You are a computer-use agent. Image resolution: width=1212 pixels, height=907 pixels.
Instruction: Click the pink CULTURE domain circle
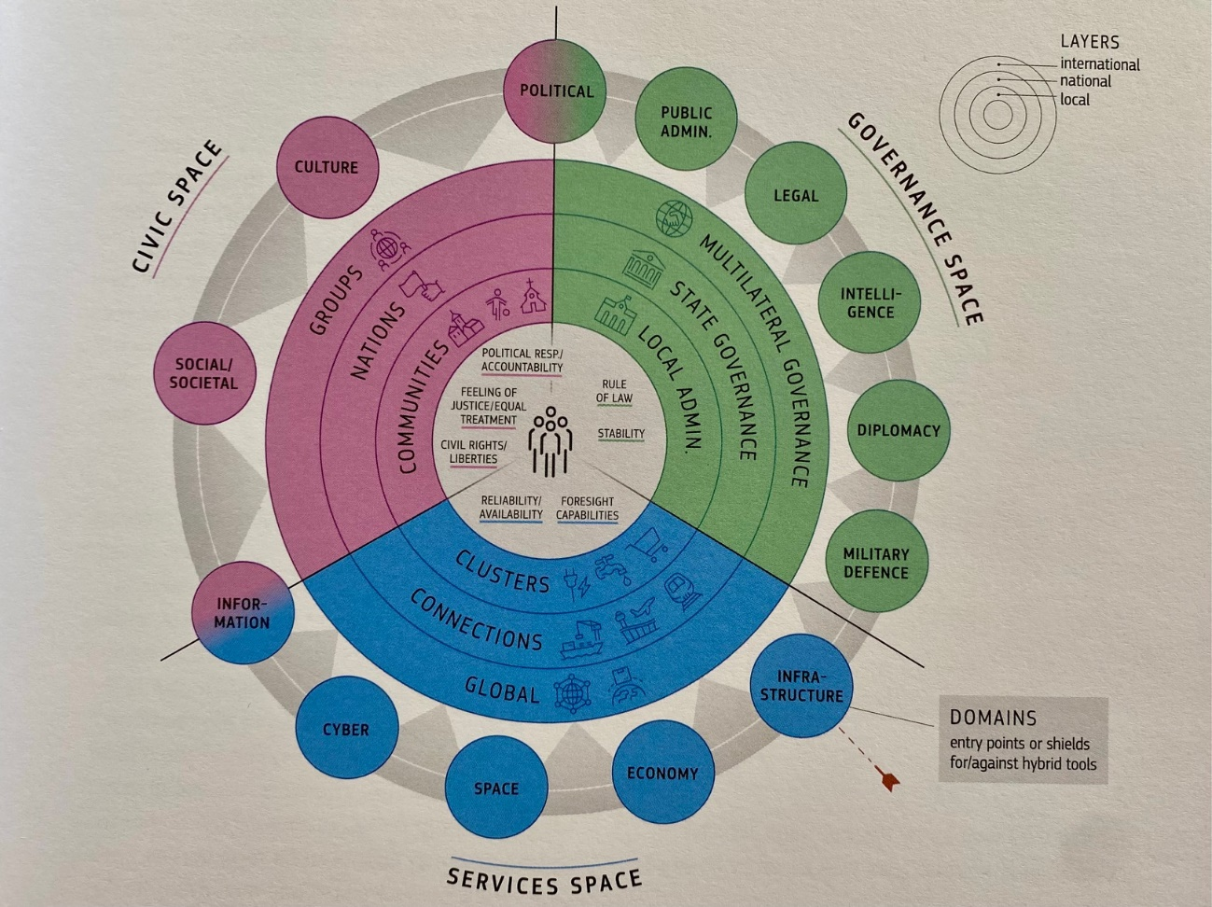pyautogui.click(x=327, y=167)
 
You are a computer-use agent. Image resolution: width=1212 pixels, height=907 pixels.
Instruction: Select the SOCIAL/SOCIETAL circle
pyautogui.click(x=203, y=373)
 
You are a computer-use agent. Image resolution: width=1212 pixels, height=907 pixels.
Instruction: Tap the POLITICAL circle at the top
pyautogui.click(x=556, y=91)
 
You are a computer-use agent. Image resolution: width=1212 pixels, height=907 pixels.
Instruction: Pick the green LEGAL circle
pyautogui.click(x=795, y=196)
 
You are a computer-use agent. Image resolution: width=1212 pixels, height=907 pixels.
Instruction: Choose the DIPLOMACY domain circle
pyautogui.click(x=898, y=430)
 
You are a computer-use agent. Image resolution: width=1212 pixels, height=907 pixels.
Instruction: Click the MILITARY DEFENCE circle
pyautogui.click(x=875, y=562)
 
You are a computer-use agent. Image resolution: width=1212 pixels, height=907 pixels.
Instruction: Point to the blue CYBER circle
pyautogui.click(x=346, y=729)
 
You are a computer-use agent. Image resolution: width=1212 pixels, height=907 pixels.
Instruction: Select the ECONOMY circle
pyautogui.click(x=662, y=773)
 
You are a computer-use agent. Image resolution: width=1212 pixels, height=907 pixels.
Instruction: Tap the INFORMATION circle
pyautogui.click(x=242, y=613)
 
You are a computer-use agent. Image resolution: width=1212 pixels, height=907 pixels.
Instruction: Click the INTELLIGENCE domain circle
pyautogui.click(x=870, y=303)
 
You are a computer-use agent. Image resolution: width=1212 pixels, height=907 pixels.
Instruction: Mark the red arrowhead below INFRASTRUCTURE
pyautogui.click(x=889, y=777)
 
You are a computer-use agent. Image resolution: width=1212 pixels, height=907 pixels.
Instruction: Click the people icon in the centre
pyautogui.click(x=551, y=440)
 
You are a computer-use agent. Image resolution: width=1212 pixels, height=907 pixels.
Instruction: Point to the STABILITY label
pyautogui.click(x=620, y=434)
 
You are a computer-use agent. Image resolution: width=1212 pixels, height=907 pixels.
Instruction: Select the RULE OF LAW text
pyautogui.click(x=614, y=391)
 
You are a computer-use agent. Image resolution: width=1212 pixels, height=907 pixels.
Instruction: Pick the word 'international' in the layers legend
pyautogui.click(x=1099, y=64)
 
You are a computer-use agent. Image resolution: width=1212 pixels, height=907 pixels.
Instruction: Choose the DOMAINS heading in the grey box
pyautogui.click(x=993, y=718)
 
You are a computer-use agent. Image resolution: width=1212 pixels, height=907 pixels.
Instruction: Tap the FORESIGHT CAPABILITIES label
pyautogui.click(x=587, y=508)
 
